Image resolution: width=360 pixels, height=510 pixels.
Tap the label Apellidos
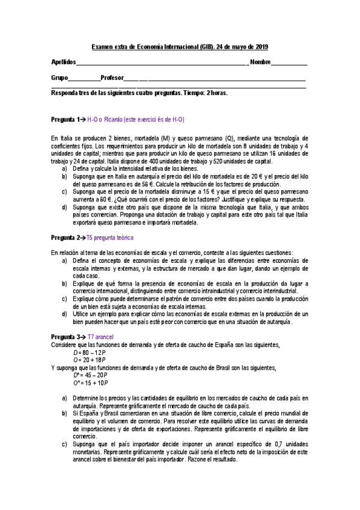[x=63, y=63]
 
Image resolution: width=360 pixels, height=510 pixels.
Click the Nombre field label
[x=260, y=63]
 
